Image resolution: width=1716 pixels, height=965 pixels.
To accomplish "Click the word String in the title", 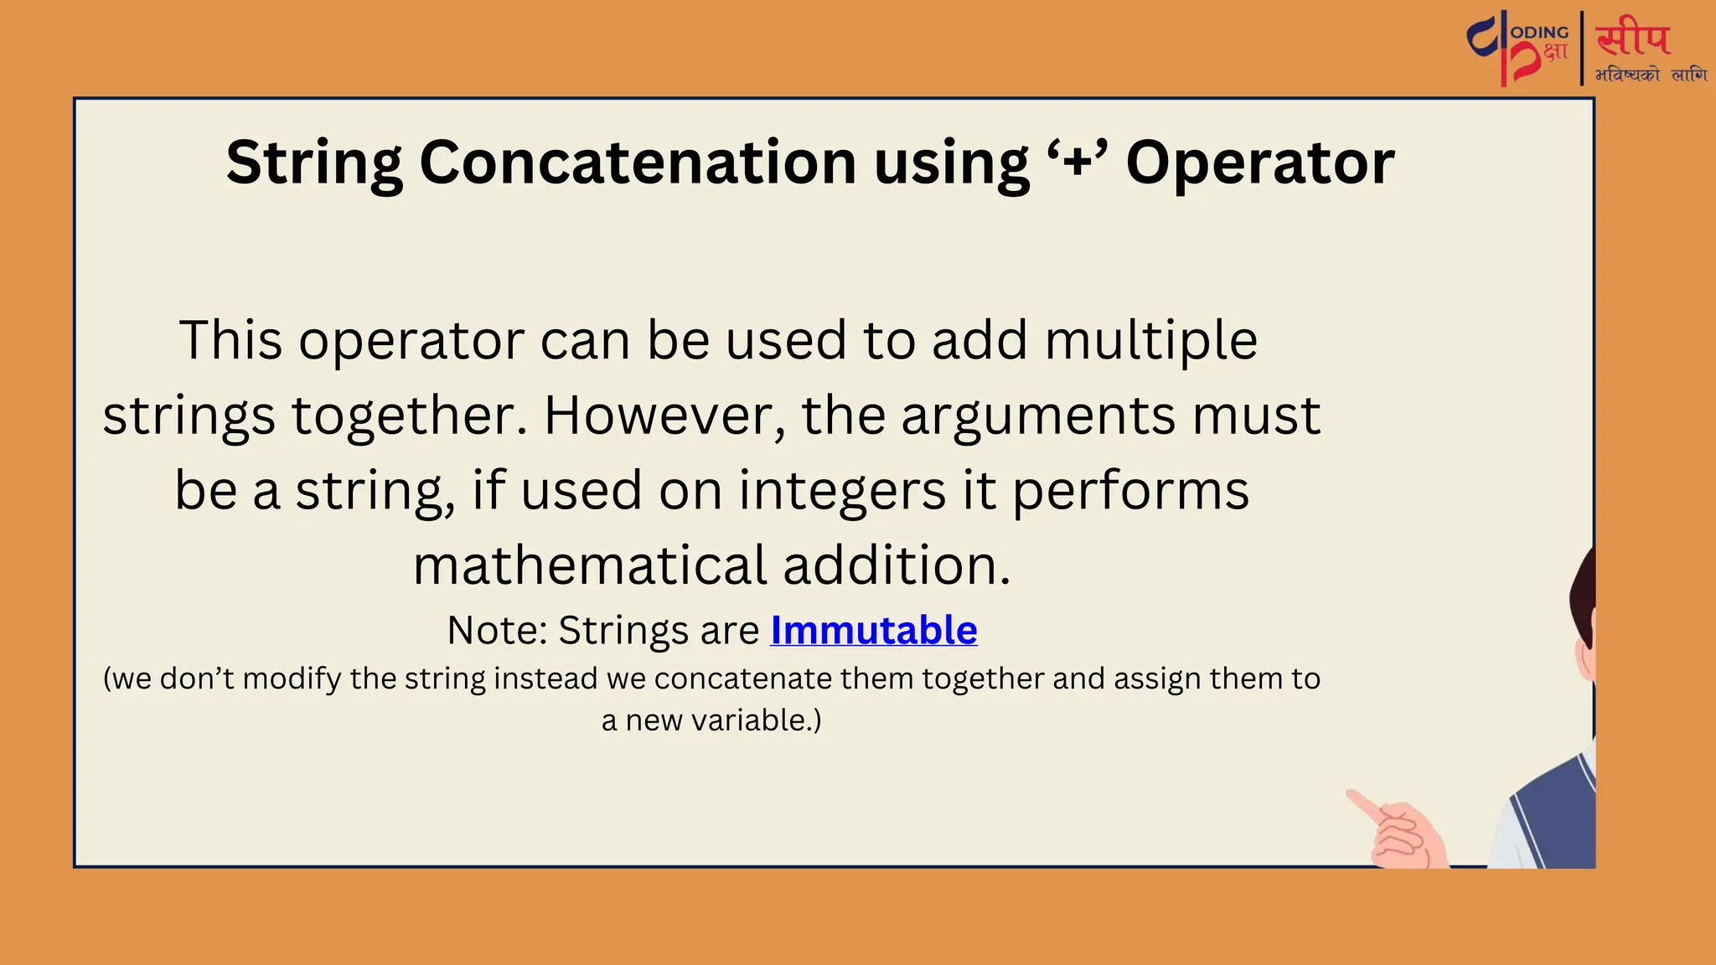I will point(313,163).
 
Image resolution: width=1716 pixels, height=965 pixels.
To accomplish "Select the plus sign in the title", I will point(1077,161).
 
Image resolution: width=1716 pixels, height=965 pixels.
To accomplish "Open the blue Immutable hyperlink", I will point(873,630).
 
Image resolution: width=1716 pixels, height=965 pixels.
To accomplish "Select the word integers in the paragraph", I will point(842,491).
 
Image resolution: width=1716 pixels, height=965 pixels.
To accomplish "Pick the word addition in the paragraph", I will point(897,565).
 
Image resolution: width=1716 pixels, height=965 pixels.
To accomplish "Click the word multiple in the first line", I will point(1151,341).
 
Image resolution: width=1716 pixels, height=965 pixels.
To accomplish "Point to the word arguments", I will point(1039,417).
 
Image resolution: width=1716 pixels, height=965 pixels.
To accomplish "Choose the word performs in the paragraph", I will point(1131,493).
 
